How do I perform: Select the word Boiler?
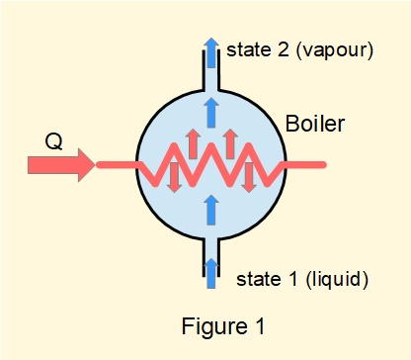tap(315, 126)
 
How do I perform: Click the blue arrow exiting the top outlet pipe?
tap(210, 49)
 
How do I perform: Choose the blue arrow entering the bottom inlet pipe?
tap(210, 272)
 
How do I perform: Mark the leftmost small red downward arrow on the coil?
tap(174, 178)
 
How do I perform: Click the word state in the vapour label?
tap(243, 49)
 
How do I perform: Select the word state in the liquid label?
tap(254, 279)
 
